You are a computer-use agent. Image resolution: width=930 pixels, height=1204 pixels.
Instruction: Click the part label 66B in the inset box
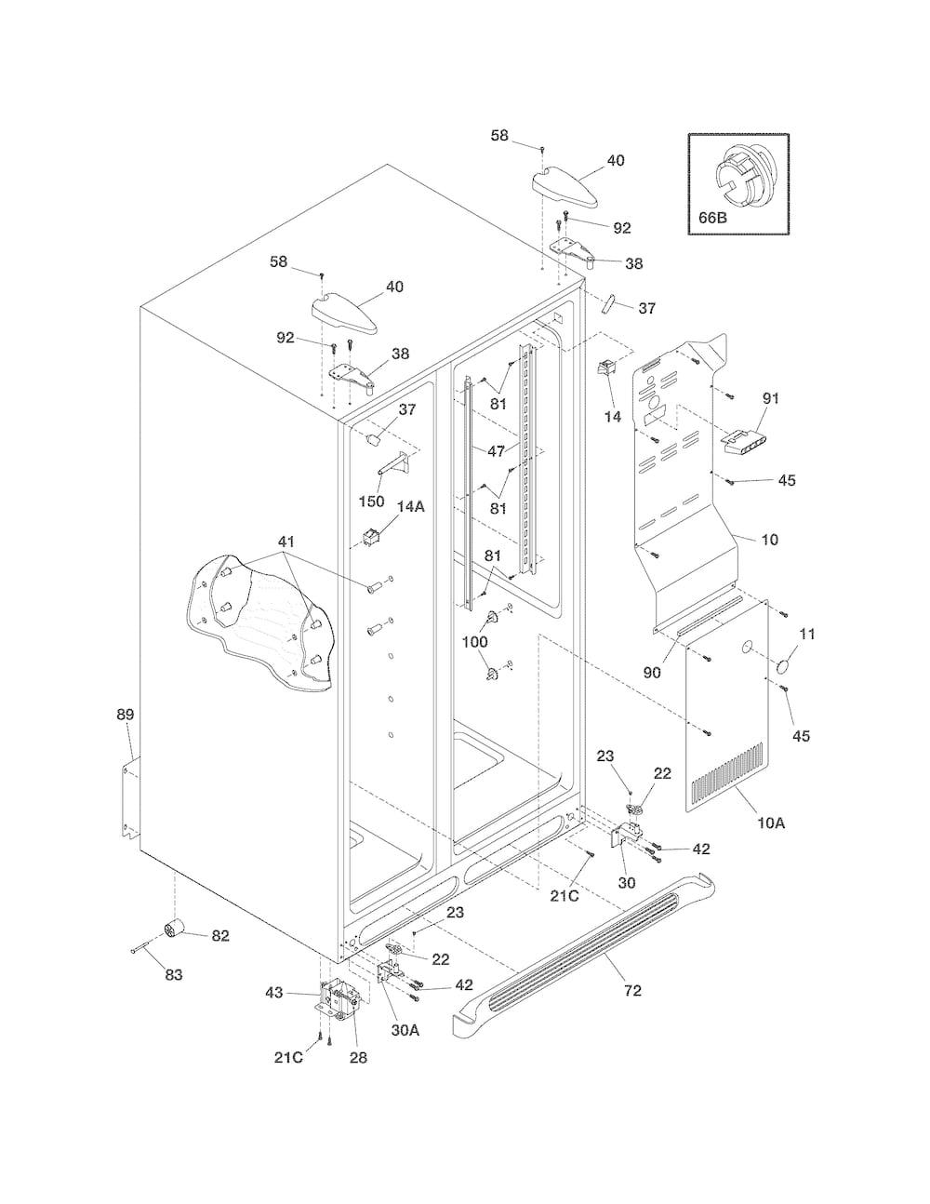(712, 218)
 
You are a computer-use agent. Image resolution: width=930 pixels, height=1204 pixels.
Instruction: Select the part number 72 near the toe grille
(632, 990)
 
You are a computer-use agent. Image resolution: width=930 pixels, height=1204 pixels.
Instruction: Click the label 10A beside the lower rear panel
(771, 839)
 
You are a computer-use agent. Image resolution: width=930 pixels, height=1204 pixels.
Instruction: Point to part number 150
(371, 501)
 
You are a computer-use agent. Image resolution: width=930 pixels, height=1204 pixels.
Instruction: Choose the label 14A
(411, 506)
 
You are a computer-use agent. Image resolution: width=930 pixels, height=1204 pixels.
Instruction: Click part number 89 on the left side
(126, 715)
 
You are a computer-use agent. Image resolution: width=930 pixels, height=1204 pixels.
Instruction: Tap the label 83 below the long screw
(174, 974)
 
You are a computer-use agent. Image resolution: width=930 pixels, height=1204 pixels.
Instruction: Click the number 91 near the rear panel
(771, 398)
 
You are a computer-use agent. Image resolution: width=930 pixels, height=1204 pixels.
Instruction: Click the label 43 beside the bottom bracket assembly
(274, 993)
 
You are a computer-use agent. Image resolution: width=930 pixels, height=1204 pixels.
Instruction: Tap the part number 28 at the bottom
(358, 1057)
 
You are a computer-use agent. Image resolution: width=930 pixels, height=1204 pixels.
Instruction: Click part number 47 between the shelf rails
(496, 451)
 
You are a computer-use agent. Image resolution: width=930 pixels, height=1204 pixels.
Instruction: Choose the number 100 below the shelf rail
(475, 642)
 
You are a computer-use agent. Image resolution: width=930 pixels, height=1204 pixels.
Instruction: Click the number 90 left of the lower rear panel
(652, 672)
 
